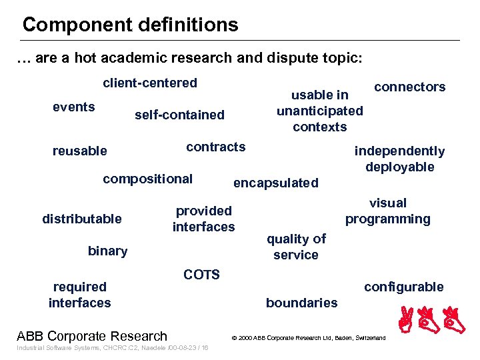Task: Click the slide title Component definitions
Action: [130, 25]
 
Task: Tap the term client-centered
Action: [149, 83]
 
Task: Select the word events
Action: [73, 107]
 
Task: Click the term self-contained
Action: [179, 115]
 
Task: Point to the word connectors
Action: [409, 87]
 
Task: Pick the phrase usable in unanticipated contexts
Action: [320, 111]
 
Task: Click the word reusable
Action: [79, 151]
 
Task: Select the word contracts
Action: [215, 147]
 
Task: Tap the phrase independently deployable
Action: [399, 159]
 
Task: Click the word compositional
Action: [147, 179]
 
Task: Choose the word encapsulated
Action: [275, 183]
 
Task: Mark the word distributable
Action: [82, 219]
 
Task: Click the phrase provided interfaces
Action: [203, 219]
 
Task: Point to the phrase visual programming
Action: [387, 211]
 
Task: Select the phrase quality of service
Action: [296, 247]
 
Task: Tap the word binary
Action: [107, 251]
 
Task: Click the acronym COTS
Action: [201, 275]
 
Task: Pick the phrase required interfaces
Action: [79, 295]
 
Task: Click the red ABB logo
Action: [432, 321]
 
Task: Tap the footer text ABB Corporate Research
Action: [91, 336]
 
